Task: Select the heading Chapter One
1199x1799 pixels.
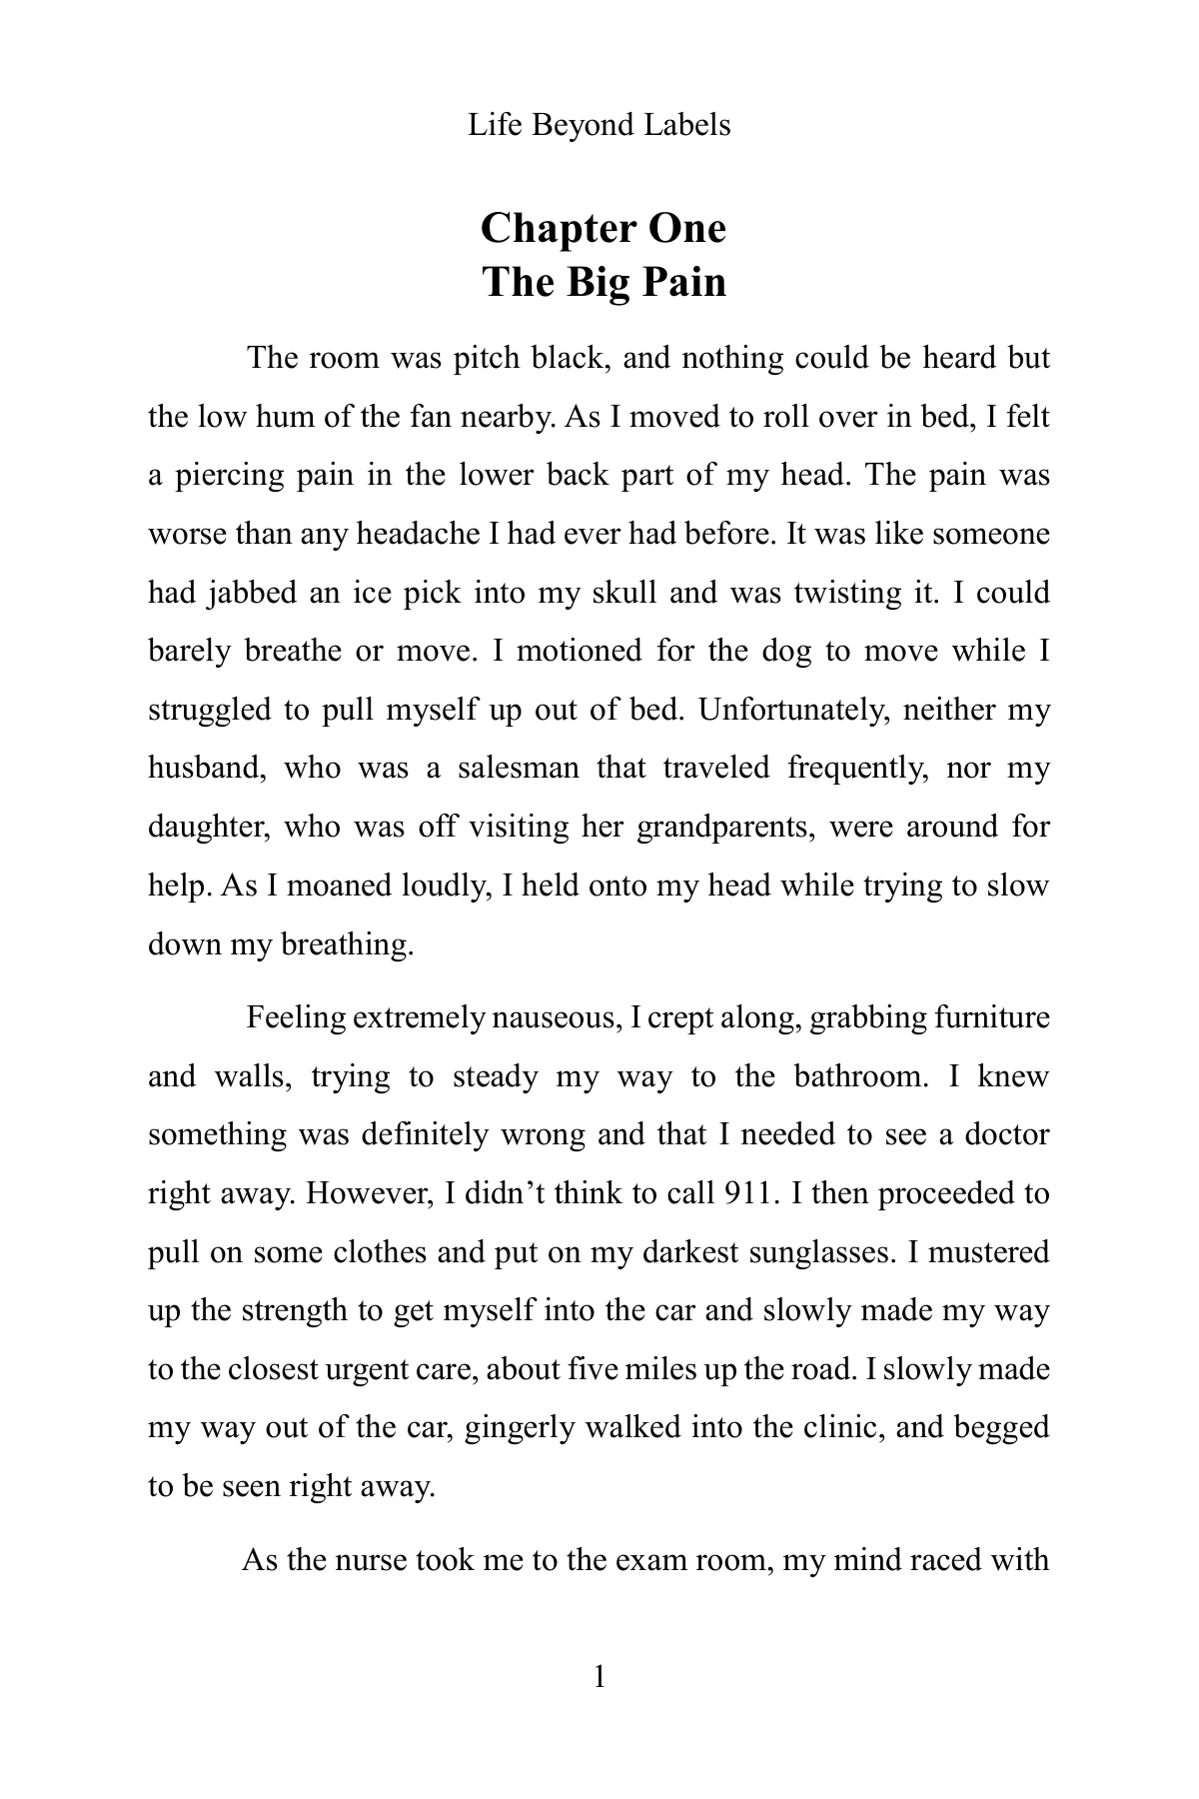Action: pos(603,228)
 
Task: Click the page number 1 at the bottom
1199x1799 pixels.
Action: pos(599,1676)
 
